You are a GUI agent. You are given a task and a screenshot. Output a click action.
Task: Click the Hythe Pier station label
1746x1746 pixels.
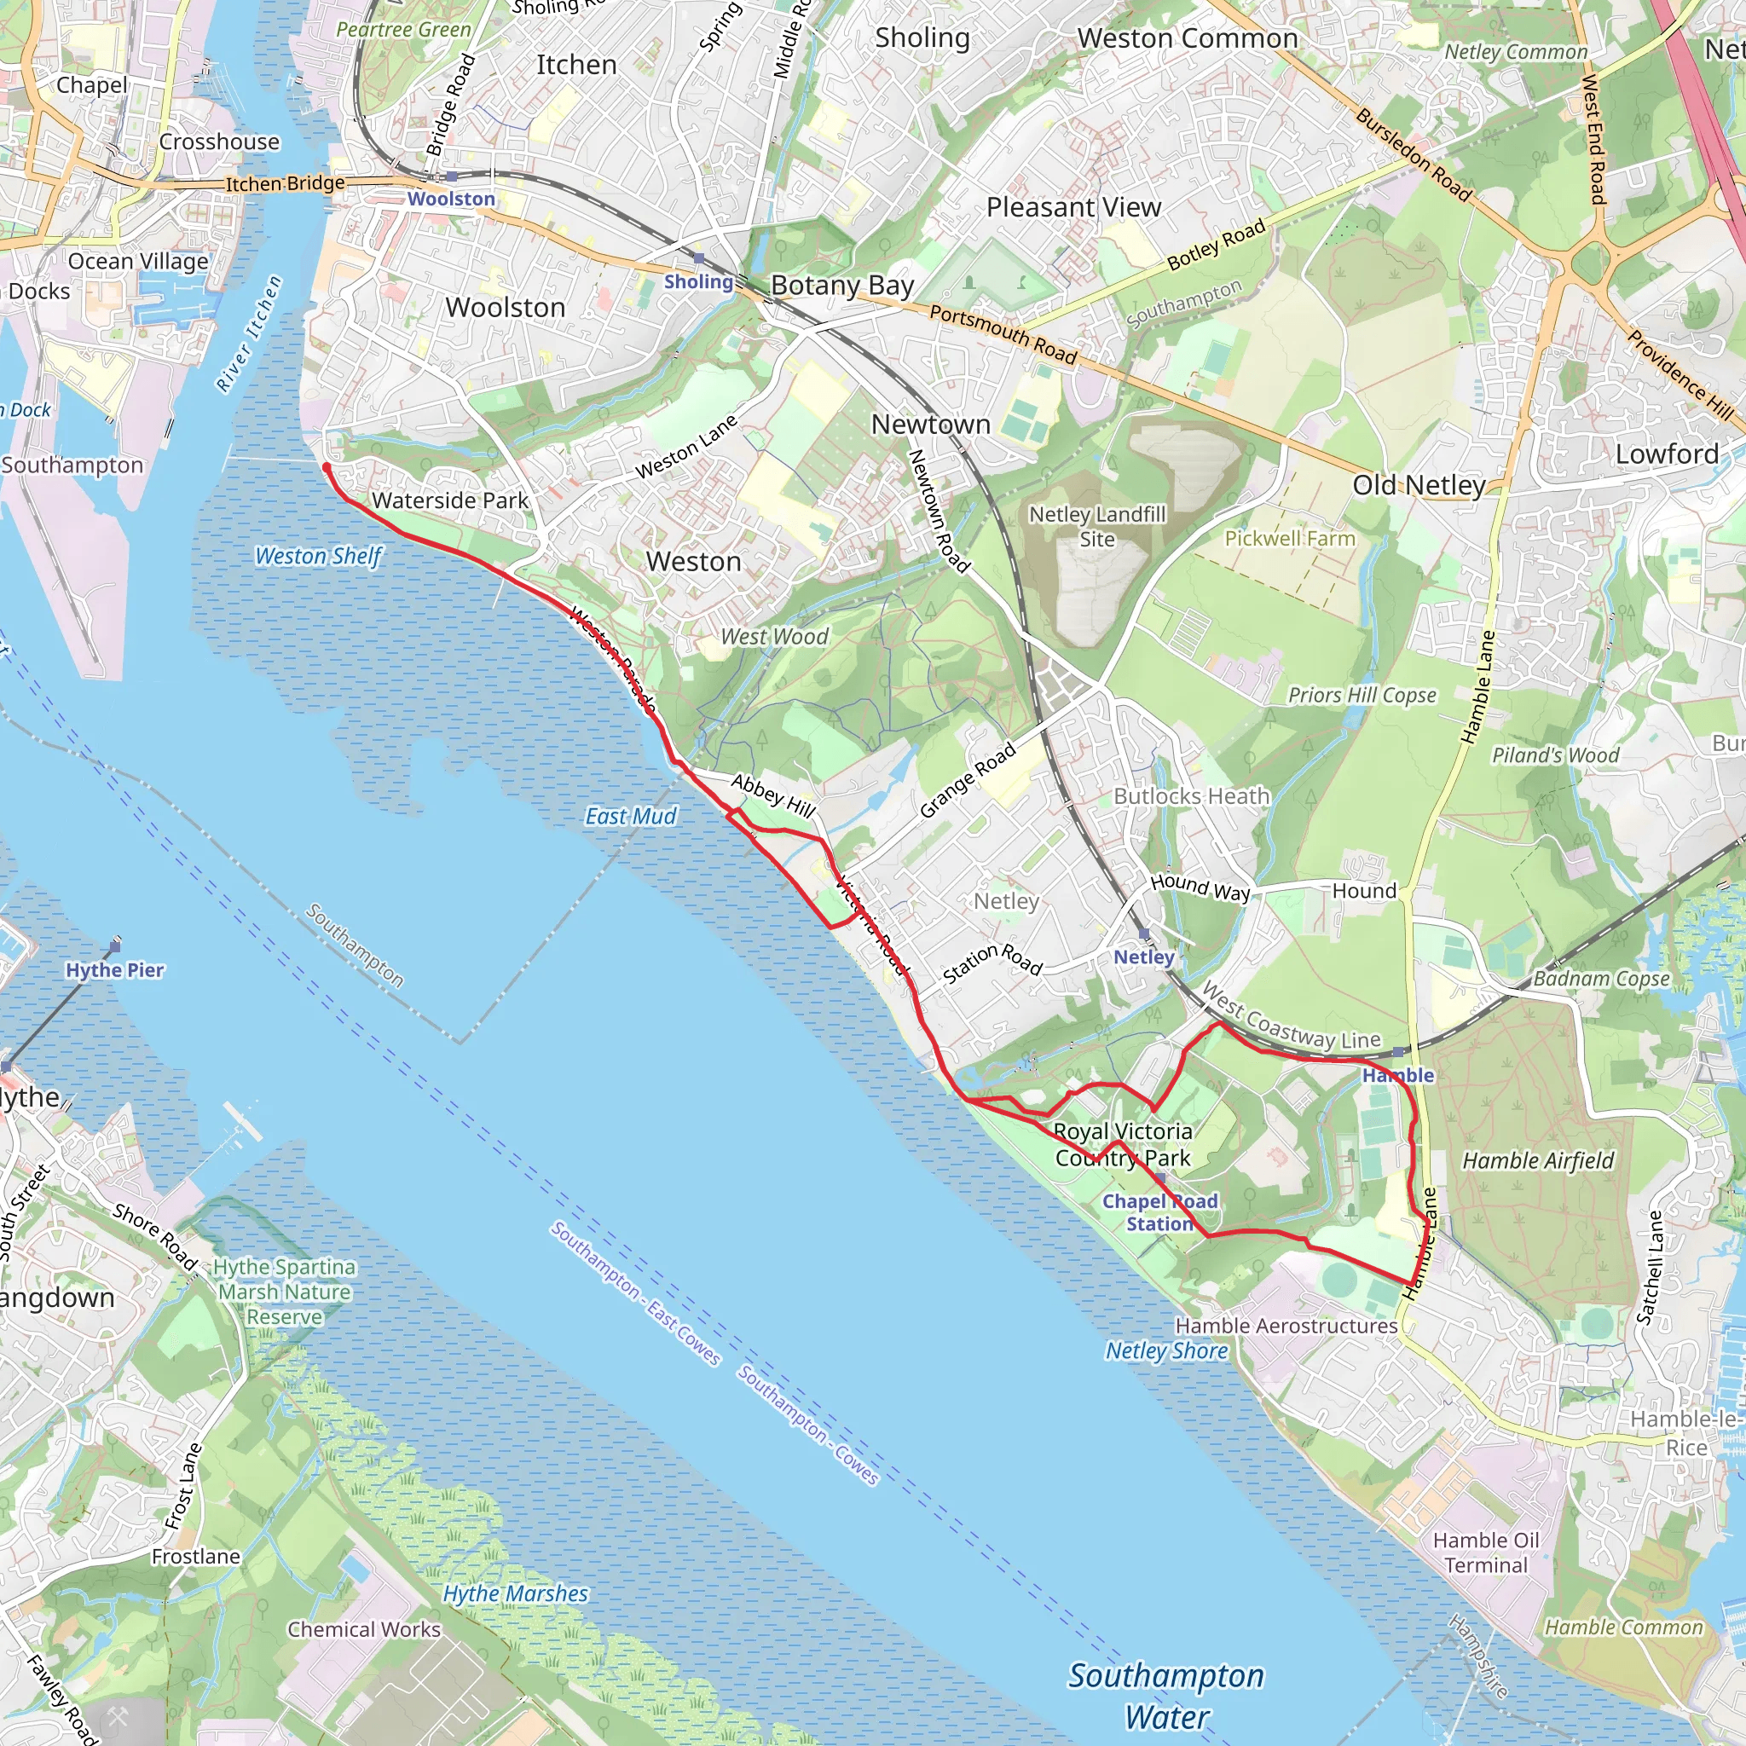point(115,969)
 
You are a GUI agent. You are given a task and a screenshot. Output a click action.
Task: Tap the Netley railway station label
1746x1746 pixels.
point(1143,957)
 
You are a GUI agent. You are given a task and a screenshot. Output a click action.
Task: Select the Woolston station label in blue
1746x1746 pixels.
point(451,199)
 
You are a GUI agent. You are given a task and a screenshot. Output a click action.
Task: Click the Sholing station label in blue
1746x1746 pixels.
point(697,281)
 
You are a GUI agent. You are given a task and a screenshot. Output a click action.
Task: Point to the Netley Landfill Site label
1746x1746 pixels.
point(1097,526)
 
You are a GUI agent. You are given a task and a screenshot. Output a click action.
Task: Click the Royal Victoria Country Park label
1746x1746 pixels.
point(1123,1144)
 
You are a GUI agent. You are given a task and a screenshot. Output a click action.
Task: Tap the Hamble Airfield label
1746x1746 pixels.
point(1537,1160)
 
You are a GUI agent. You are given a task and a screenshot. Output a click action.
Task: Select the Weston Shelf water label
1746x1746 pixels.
point(318,556)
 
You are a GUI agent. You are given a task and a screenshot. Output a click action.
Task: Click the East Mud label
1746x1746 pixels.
point(630,816)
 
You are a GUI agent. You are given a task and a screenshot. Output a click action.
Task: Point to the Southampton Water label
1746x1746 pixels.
point(1165,1695)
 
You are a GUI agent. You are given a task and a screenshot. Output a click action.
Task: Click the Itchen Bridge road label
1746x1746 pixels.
point(285,183)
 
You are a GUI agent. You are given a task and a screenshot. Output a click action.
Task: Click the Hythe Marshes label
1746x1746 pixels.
point(515,1593)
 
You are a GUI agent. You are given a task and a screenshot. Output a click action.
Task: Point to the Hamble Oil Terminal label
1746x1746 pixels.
point(1486,1552)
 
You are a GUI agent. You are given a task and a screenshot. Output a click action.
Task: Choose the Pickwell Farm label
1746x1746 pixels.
point(1290,539)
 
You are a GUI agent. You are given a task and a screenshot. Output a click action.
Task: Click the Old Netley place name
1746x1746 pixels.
point(1418,485)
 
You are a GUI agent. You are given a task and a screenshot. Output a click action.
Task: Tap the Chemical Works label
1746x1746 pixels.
point(363,1628)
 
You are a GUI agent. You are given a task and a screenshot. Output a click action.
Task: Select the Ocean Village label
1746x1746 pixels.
point(137,261)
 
